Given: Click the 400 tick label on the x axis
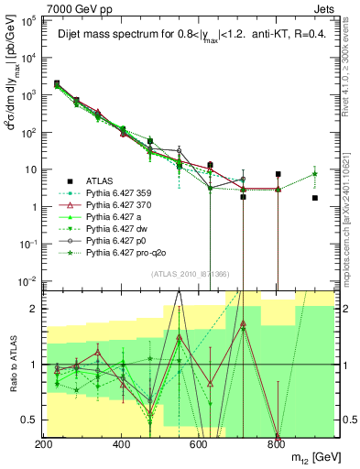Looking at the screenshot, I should [121, 444].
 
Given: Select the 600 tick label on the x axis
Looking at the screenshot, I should [199, 444].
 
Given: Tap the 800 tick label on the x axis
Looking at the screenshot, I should [276, 444].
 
